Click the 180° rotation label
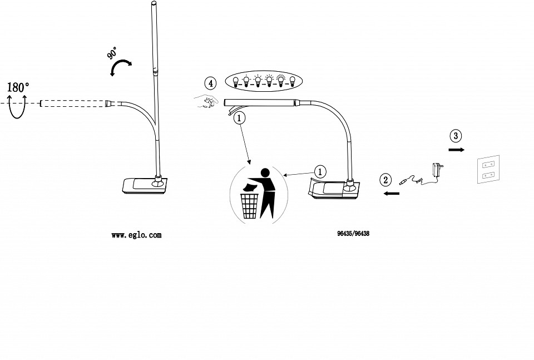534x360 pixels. [18, 87]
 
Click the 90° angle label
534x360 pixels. [112, 54]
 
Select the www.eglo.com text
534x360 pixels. [136, 235]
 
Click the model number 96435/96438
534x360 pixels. [353, 234]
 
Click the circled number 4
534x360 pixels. [210, 83]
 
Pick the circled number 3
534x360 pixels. [456, 135]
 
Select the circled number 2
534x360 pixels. [385, 180]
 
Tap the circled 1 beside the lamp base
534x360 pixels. [320, 171]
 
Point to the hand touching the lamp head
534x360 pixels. [208, 102]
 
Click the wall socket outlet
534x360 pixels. [489, 170]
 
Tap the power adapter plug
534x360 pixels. [436, 170]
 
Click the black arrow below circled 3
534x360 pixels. [456, 150]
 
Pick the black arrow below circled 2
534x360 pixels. [392, 193]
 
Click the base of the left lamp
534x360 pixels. [144, 185]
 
